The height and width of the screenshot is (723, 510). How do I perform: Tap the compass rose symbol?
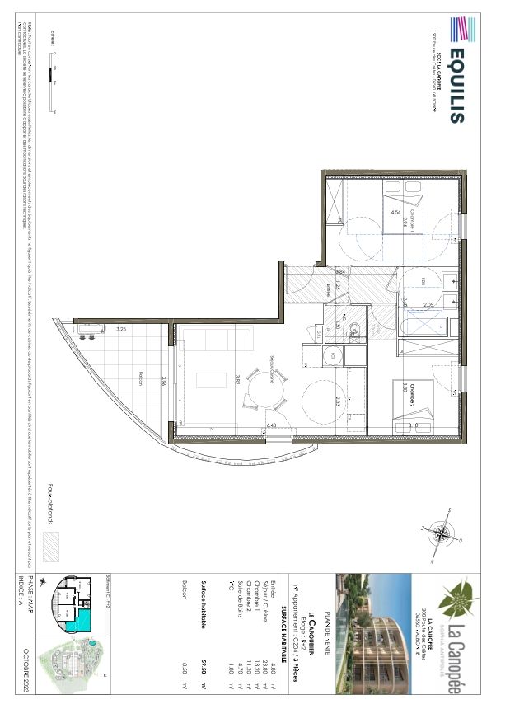pyautogui.click(x=443, y=534)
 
